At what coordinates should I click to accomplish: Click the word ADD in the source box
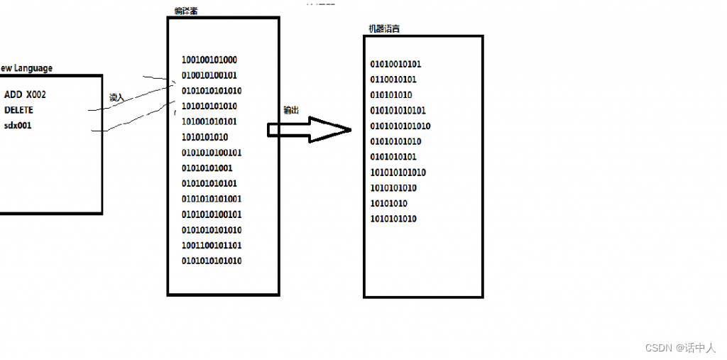[13, 94]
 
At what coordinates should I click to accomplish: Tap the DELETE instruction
[18, 110]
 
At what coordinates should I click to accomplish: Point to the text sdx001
[18, 126]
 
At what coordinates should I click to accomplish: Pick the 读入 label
[116, 97]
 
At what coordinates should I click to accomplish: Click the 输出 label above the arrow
[290, 110]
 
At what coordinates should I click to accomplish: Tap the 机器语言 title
[383, 29]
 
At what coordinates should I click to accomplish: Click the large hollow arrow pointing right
[310, 129]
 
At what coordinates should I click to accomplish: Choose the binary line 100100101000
[209, 60]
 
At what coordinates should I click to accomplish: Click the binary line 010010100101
[209, 75]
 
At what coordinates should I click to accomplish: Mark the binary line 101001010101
[209, 121]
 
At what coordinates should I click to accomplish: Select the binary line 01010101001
[207, 168]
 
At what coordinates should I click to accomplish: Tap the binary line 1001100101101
[212, 245]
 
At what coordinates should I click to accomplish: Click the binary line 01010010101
[395, 64]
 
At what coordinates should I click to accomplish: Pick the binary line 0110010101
[393, 80]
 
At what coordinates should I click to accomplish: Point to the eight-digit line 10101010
[388, 203]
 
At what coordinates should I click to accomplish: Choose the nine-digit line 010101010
[391, 95]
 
